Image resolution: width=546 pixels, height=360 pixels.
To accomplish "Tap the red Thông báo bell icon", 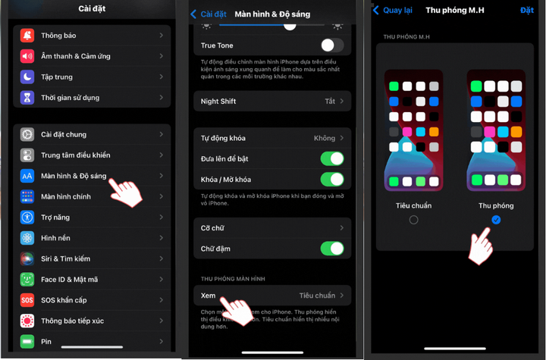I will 27,36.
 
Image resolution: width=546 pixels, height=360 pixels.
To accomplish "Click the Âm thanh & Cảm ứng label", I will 75,56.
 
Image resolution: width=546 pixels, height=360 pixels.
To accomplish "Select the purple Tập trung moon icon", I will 27,77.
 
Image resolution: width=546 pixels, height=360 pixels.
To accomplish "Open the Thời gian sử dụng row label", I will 70,98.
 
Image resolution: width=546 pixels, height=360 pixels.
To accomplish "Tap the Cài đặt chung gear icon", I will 27,135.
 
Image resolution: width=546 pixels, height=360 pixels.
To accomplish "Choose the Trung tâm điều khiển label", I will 75,155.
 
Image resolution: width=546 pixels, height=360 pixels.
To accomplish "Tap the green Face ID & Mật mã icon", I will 27,280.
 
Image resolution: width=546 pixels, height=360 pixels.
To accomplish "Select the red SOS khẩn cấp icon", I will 27,300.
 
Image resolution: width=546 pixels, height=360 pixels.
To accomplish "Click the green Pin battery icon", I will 27,342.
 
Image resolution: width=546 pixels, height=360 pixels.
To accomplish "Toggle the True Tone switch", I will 332,45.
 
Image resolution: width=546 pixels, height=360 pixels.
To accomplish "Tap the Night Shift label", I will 219,102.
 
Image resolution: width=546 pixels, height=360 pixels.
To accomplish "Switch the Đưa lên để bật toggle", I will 332,159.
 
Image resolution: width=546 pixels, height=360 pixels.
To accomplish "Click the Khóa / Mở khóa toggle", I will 332,180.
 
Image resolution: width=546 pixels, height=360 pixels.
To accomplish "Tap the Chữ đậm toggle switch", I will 332,249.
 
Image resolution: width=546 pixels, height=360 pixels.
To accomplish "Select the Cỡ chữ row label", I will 212,228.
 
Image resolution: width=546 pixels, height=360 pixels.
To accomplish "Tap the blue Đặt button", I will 527,11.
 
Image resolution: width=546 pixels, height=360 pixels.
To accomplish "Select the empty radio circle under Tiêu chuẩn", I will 413,221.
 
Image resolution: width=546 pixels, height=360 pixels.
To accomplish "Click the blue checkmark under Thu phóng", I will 496,220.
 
